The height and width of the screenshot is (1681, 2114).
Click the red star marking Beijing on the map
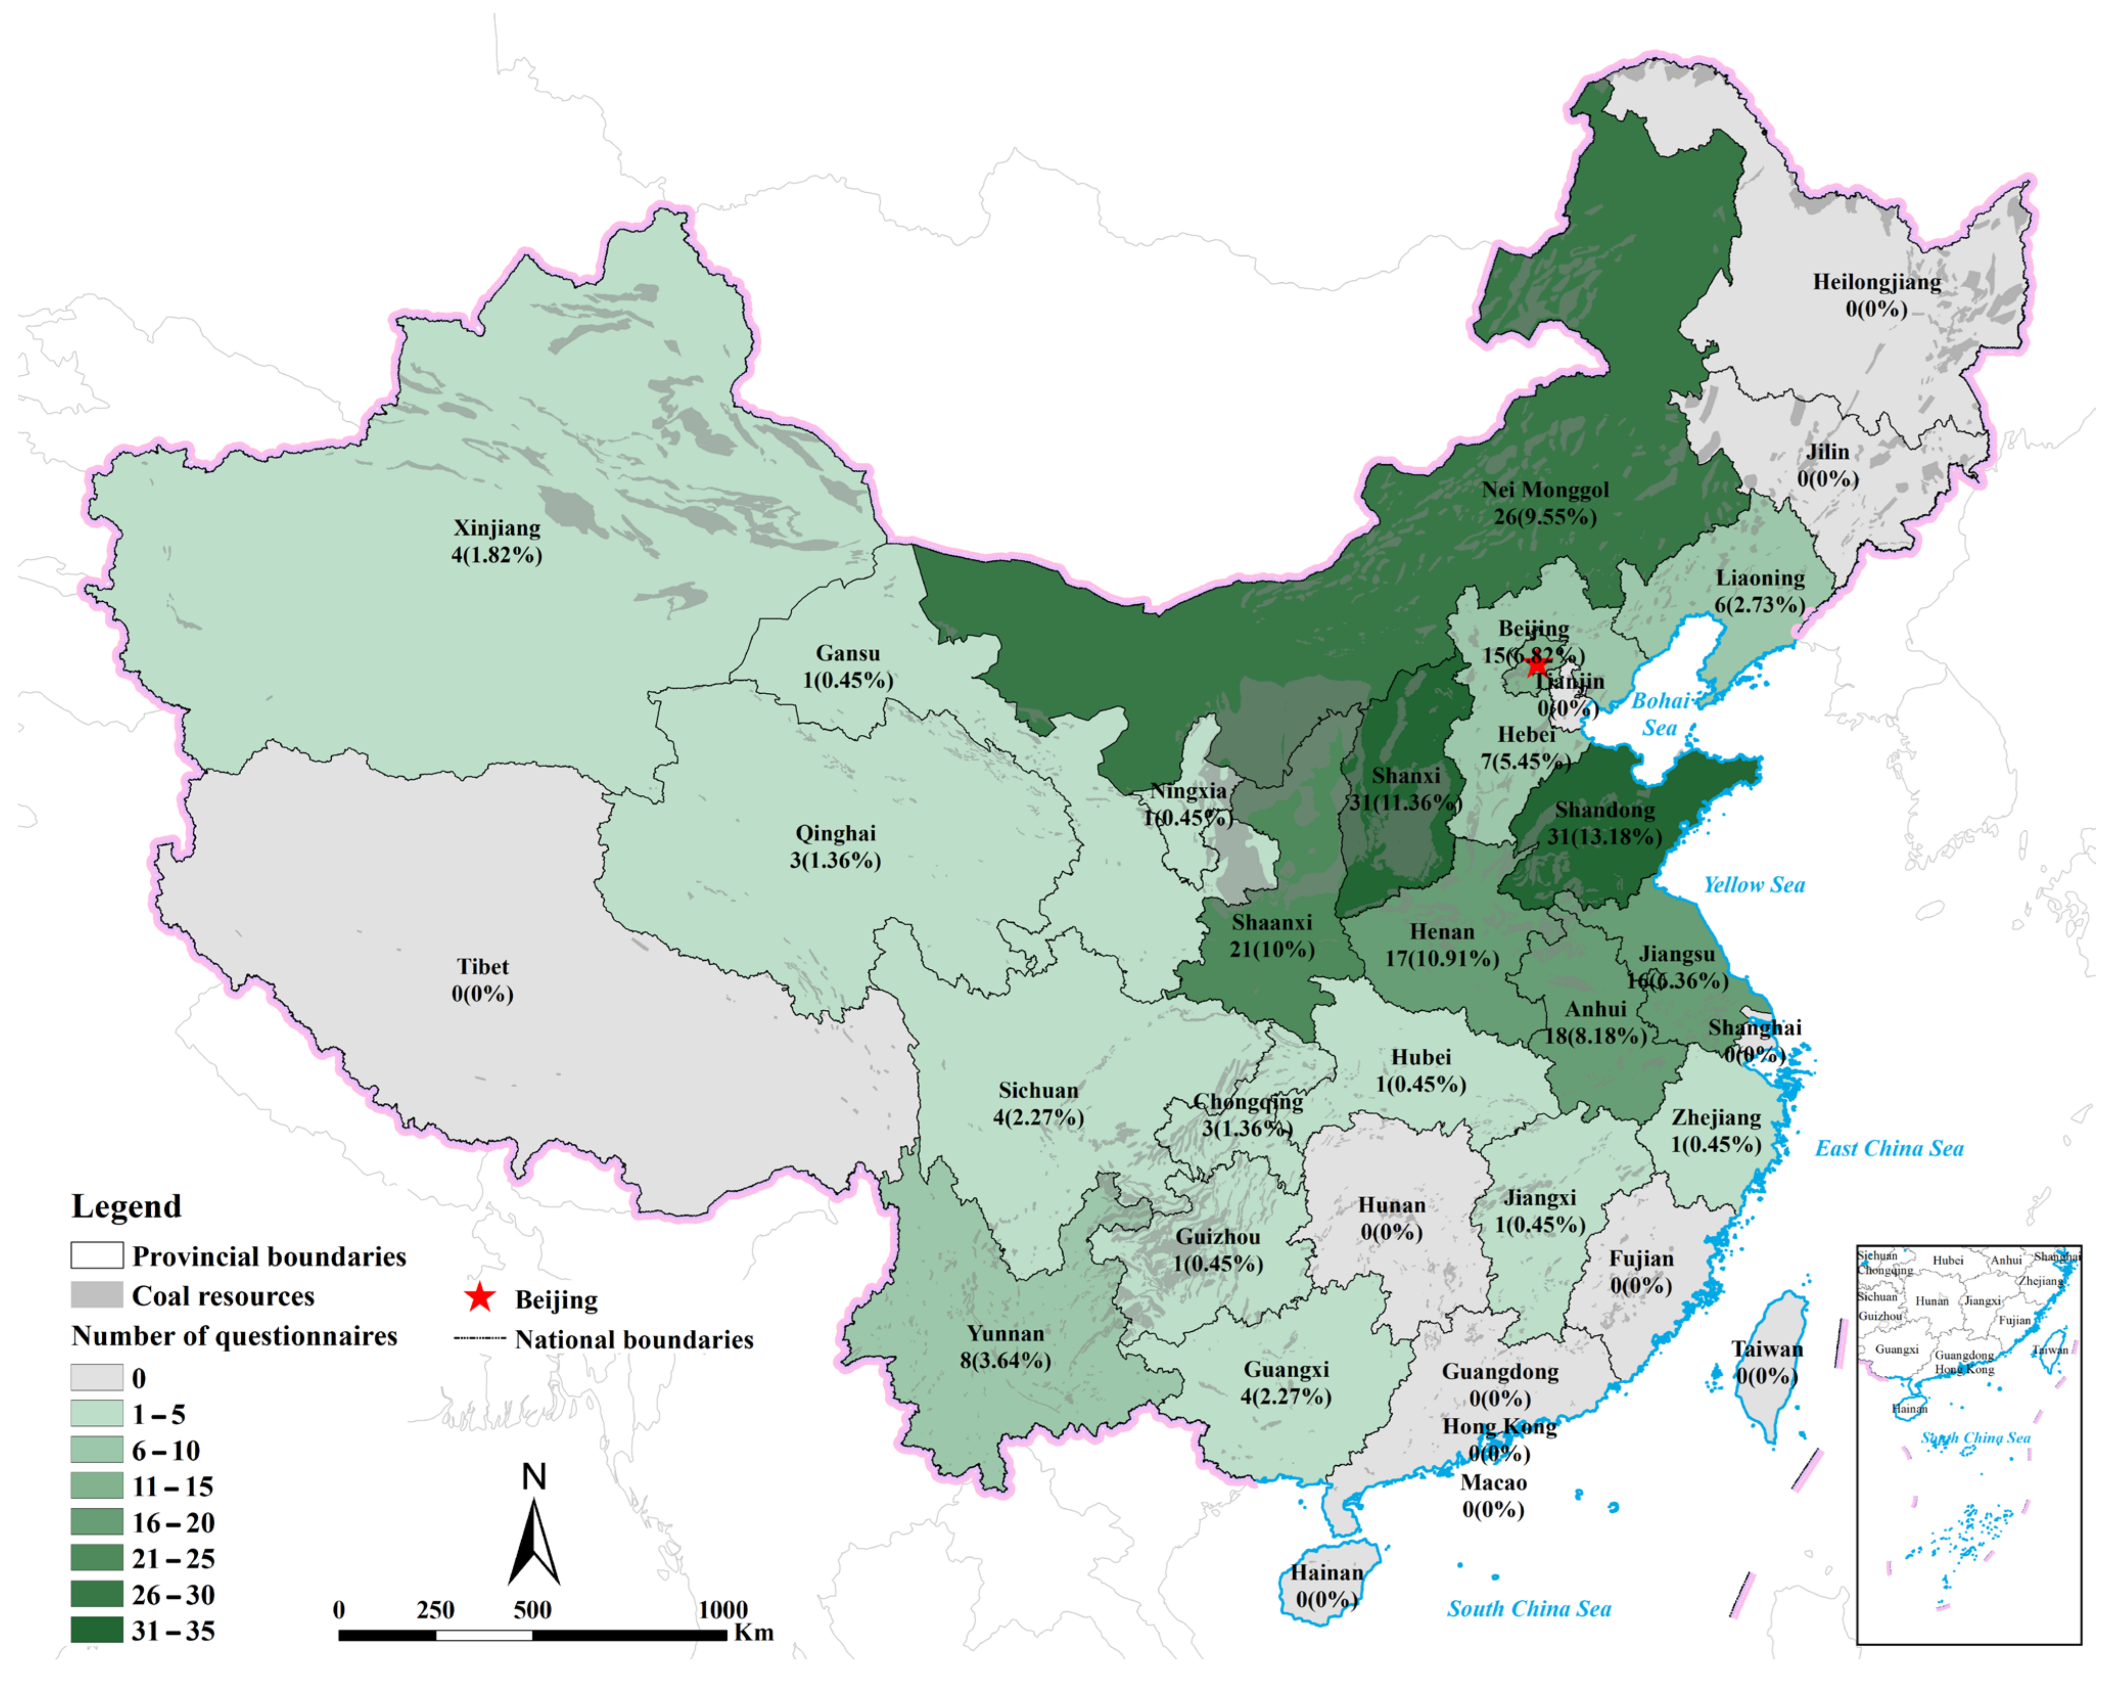pyautogui.click(x=1536, y=667)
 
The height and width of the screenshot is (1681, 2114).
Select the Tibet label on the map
pyautogui.click(x=482, y=980)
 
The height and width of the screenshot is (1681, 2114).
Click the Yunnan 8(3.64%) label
pyautogui.click(x=1005, y=1347)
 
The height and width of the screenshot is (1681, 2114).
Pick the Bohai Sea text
pyautogui.click(x=1659, y=714)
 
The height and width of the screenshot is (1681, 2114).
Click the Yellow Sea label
pyautogui.click(x=1753, y=884)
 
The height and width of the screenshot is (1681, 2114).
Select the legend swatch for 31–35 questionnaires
pyautogui.click(x=96, y=1630)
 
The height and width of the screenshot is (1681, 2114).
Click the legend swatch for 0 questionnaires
pyautogui.click(x=96, y=1377)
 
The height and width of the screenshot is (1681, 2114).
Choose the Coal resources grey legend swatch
pyautogui.click(x=96, y=1294)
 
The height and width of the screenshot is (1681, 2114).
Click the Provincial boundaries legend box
pyautogui.click(x=96, y=1255)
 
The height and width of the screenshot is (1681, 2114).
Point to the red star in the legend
pyautogui.click(x=479, y=1298)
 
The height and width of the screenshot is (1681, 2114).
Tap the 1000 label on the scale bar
pyautogui.click(x=723, y=1609)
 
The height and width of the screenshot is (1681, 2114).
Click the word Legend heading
pyautogui.click(x=126, y=1206)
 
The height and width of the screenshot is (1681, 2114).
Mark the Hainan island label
pyautogui.click(x=1327, y=1586)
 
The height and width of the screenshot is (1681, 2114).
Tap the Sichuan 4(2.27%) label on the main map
pyautogui.click(x=1039, y=1103)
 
